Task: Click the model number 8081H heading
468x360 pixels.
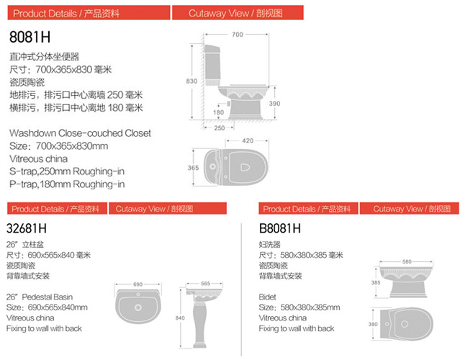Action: click(x=30, y=37)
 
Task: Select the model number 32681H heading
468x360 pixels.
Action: click(x=26, y=229)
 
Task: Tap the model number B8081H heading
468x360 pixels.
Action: click(x=279, y=229)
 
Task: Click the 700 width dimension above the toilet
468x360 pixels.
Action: click(x=238, y=35)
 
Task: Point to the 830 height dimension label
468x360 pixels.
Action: click(x=192, y=81)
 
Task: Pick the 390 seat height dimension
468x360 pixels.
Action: click(x=274, y=104)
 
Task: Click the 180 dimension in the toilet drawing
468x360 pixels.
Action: click(x=218, y=112)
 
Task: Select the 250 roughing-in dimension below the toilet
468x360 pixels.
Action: click(x=220, y=128)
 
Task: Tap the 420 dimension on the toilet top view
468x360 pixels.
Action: click(x=248, y=140)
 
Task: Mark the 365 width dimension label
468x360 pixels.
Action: click(x=193, y=168)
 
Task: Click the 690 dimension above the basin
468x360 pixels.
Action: click(x=138, y=284)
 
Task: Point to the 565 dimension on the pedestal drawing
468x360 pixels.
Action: click(x=206, y=283)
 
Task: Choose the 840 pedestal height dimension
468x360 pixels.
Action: click(x=180, y=318)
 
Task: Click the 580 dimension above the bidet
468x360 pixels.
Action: click(x=407, y=262)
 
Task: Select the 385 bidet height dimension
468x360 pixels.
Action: click(x=376, y=282)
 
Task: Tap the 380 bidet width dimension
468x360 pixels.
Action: click(x=373, y=324)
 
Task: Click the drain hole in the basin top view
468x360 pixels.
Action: click(x=138, y=307)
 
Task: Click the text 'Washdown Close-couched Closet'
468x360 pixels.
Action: click(x=80, y=133)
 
